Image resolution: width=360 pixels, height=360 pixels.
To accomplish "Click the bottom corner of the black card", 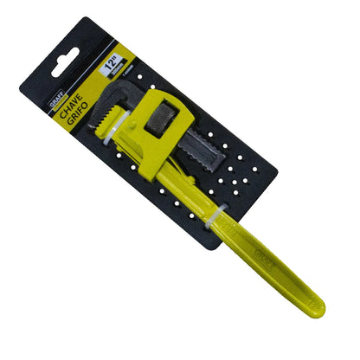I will tap(206, 249).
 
